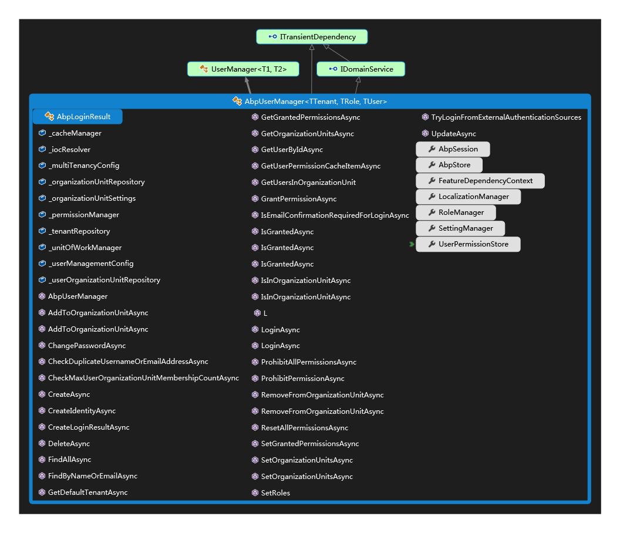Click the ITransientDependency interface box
click(312, 37)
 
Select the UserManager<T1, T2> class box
click(243, 69)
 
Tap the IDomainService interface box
click(360, 69)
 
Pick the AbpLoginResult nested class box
click(77, 117)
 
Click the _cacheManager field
click(70, 133)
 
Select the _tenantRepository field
click(75, 231)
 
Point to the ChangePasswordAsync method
click(82, 346)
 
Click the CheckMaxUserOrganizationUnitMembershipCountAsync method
click(139, 378)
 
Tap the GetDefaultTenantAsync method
click(83, 492)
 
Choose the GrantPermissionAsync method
click(294, 199)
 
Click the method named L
click(261, 313)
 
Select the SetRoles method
click(271, 492)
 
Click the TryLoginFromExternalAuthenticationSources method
click(502, 117)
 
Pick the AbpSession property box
click(453, 149)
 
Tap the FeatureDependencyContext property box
click(480, 181)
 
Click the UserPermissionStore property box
click(468, 244)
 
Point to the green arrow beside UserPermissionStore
click(412, 244)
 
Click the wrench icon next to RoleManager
click(432, 212)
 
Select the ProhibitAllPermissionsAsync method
click(304, 362)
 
